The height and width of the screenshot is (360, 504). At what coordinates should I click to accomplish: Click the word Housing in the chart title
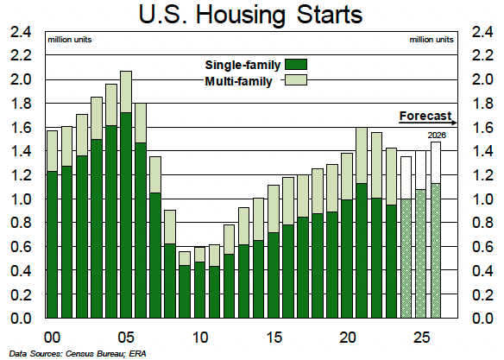coord(241,16)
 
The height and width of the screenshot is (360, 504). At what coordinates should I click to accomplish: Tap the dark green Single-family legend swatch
coord(296,64)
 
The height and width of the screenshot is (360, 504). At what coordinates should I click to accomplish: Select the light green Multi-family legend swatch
coord(296,79)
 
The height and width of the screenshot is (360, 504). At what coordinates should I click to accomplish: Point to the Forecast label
coord(425,116)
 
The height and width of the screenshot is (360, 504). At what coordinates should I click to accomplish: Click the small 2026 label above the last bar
coord(437,136)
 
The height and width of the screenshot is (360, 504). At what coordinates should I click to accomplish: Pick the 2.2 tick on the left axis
coord(21,55)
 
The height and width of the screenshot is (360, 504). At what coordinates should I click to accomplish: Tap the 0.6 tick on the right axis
coord(482,247)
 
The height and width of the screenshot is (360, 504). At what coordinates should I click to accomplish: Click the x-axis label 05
coord(126,338)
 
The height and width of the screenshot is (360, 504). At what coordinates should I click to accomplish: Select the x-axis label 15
coord(274,338)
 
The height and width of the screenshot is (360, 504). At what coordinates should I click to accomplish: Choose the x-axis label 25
coord(421,338)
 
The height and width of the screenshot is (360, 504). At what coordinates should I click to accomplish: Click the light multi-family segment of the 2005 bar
coord(126,92)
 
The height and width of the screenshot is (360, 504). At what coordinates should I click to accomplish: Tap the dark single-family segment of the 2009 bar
coord(185,292)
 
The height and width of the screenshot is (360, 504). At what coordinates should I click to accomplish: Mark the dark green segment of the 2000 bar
coord(52,244)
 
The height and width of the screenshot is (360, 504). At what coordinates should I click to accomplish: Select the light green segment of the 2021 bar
coord(362,155)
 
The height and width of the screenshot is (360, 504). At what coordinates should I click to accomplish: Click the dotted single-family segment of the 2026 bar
coord(436,250)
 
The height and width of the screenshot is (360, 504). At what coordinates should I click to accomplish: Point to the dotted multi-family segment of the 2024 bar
coord(406,178)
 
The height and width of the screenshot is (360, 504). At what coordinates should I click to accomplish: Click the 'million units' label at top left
coord(70,40)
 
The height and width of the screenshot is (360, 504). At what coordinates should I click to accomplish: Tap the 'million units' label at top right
coord(432,40)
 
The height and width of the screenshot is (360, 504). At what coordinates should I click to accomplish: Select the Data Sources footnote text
coord(78,354)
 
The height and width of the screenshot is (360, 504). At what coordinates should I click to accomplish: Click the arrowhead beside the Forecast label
coord(454,123)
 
